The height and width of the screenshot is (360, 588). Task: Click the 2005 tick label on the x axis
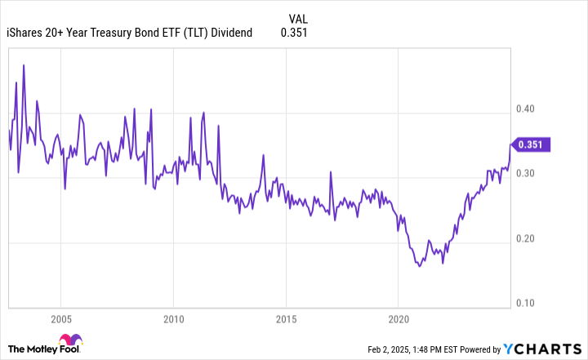(x=60, y=318)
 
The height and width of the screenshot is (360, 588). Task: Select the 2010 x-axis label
(x=173, y=318)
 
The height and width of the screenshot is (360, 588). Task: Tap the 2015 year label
(x=285, y=318)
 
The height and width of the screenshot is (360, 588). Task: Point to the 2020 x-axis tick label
(x=398, y=318)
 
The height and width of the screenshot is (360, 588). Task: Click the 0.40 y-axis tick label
(x=527, y=109)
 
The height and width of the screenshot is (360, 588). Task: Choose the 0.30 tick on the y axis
(x=527, y=173)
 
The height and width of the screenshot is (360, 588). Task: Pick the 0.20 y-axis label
(x=527, y=238)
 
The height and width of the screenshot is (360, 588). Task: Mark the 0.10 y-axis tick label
(x=527, y=303)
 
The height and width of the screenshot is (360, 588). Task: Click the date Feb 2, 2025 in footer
(x=388, y=348)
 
